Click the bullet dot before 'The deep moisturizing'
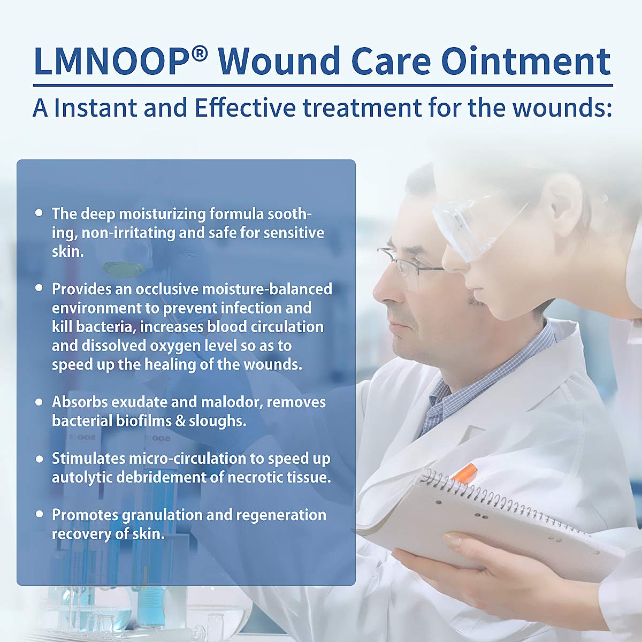click(39, 213)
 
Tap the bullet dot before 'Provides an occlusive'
click(39, 288)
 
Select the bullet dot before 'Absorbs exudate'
click(39, 401)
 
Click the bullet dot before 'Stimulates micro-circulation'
click(39, 458)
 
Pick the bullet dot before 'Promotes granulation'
click(39, 514)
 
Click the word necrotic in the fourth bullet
click(255, 477)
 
